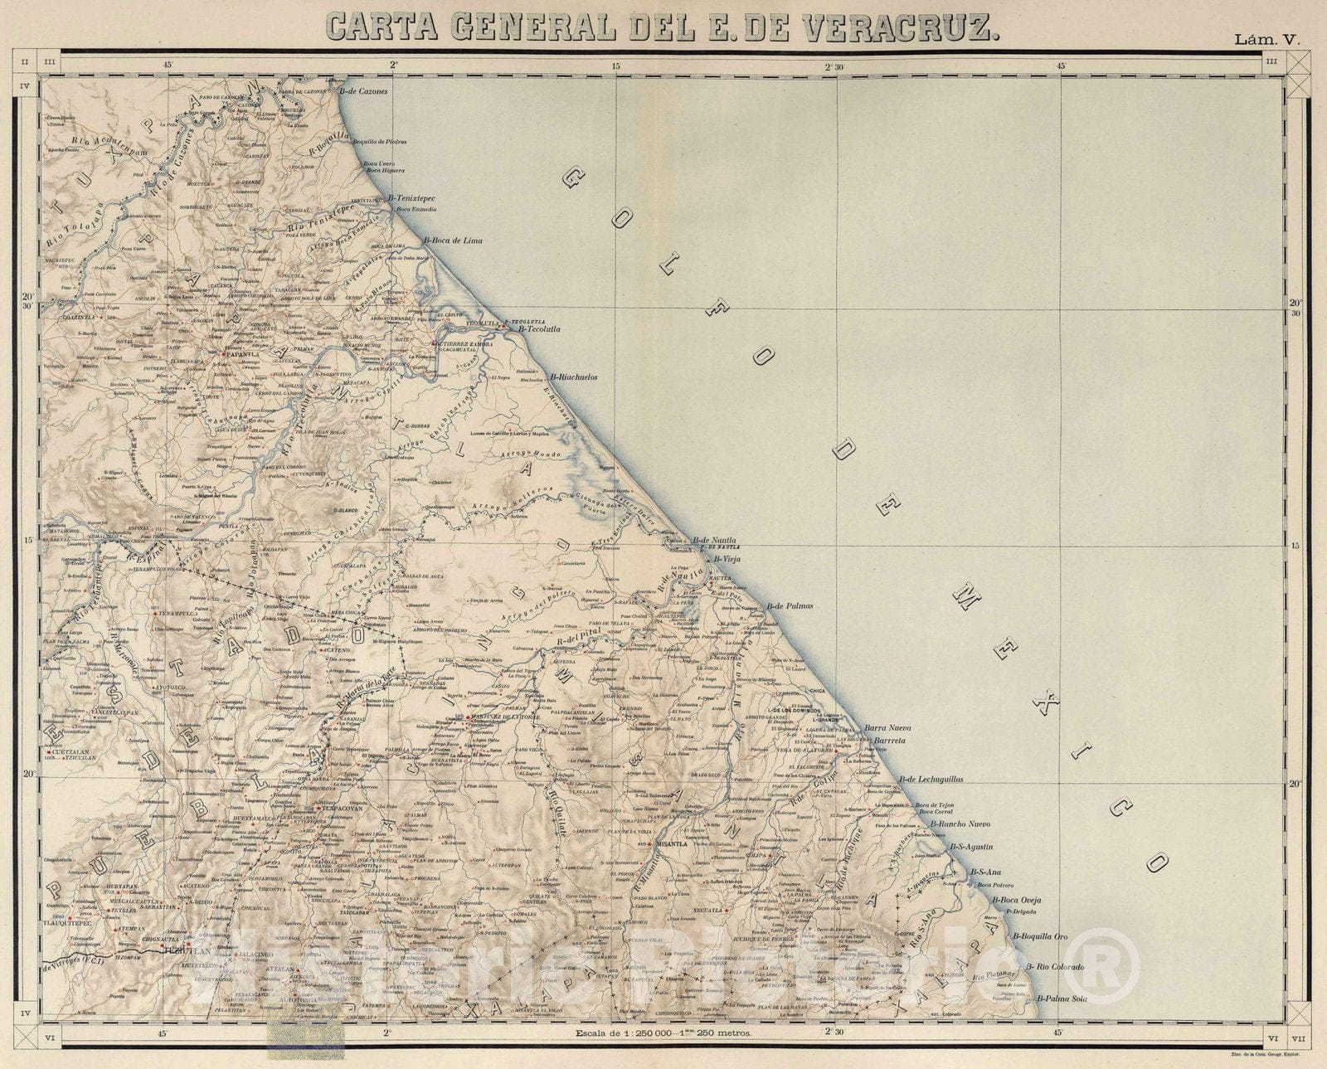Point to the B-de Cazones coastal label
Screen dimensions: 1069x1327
[363, 91]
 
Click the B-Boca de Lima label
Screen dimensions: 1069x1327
[453, 241]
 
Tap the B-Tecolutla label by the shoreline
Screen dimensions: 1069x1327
[539, 329]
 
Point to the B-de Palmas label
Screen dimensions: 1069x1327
[790, 606]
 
